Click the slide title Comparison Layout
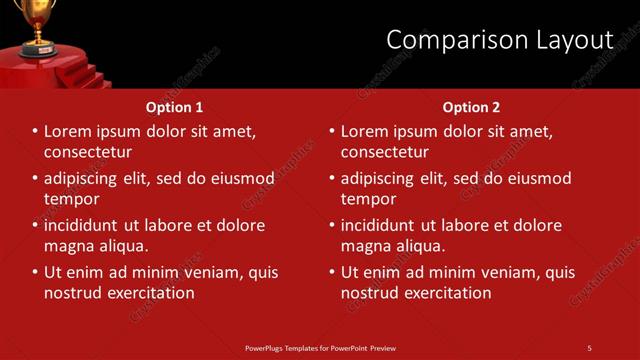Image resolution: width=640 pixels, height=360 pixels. pyautogui.click(x=499, y=40)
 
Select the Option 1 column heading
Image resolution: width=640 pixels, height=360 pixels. pyautogui.click(x=174, y=107)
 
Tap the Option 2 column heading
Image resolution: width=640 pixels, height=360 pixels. pyautogui.click(x=471, y=107)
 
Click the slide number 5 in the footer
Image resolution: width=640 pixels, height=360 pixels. pyautogui.click(x=589, y=348)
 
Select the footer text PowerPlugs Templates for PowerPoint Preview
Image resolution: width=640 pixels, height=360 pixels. pyautogui.click(x=320, y=348)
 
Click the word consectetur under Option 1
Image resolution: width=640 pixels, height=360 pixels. pyautogui.click(x=88, y=153)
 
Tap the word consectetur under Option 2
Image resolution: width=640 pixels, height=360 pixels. pyautogui.click(x=385, y=153)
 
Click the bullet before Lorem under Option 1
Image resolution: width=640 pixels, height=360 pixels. pyautogui.click(x=34, y=131)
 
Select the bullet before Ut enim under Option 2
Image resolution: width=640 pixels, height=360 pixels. pyautogui.click(x=331, y=272)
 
